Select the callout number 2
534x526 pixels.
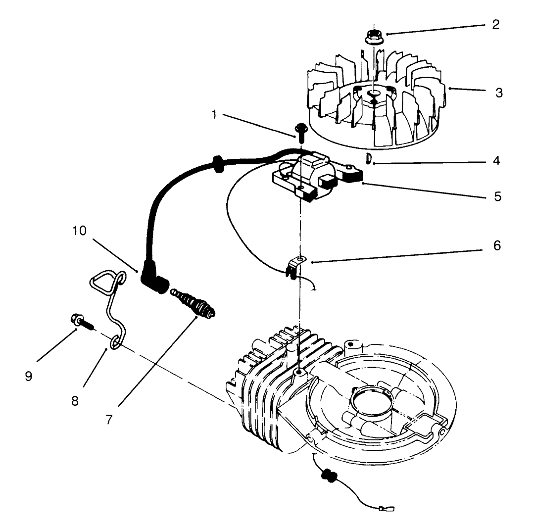coord(495,24)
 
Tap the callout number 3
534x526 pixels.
coord(499,92)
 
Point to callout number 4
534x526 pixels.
coord(496,161)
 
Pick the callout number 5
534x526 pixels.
coord(497,196)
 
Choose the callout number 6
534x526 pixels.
coord(496,245)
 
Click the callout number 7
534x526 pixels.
coord(109,419)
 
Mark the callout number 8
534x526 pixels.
coord(75,400)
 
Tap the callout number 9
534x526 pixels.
coord(29,376)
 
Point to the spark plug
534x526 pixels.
coord(194,302)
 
